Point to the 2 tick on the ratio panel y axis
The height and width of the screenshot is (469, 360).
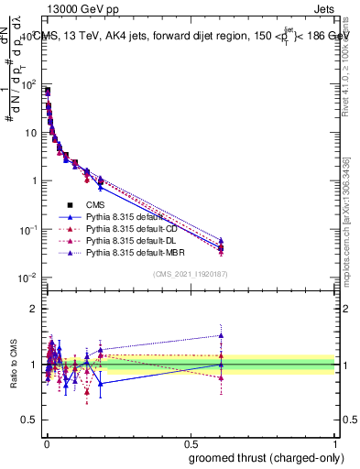point(35,309)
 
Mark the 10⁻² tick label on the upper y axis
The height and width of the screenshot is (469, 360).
point(27,278)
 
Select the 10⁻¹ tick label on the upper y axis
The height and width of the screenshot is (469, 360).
point(27,229)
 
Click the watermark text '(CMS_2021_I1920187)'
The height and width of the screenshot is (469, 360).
point(191,274)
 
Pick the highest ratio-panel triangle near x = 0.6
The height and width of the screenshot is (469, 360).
point(221,335)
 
